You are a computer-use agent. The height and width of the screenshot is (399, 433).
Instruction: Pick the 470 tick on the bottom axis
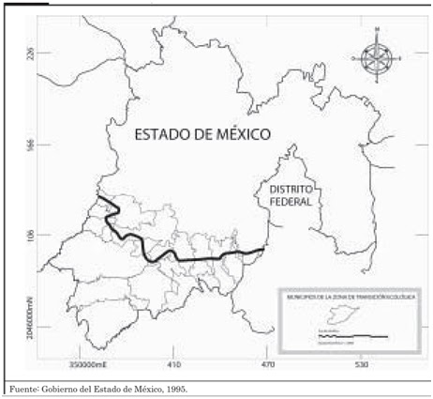[x=265, y=362]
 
